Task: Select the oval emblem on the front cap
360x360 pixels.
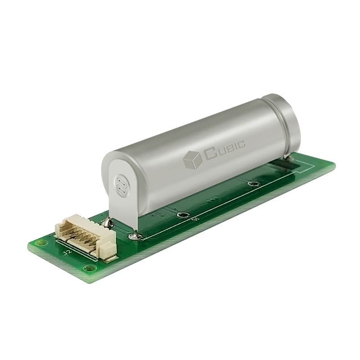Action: pos(121,185)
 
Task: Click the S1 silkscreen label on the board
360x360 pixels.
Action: pos(194,220)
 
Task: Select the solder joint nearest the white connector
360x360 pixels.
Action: pos(107,221)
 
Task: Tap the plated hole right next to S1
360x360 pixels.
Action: pos(182,215)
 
